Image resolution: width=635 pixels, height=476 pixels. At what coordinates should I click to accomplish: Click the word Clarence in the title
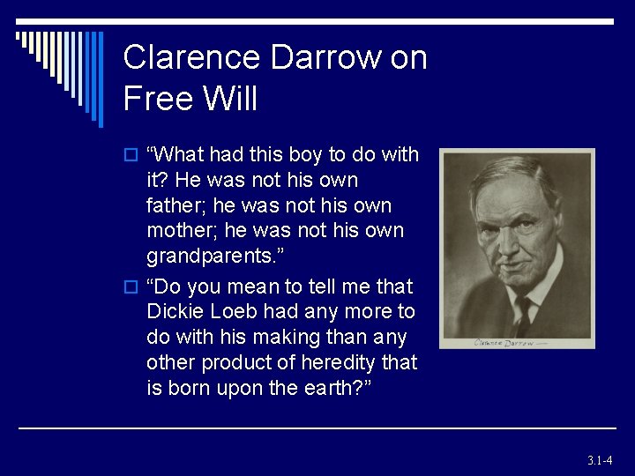pyautogui.click(x=191, y=57)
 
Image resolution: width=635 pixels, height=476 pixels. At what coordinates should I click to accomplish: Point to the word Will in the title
pyautogui.click(x=231, y=98)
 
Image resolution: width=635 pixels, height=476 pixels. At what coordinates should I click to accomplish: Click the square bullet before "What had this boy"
pyautogui.click(x=130, y=156)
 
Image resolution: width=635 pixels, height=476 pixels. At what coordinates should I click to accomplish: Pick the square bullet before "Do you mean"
pyautogui.click(x=130, y=288)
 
